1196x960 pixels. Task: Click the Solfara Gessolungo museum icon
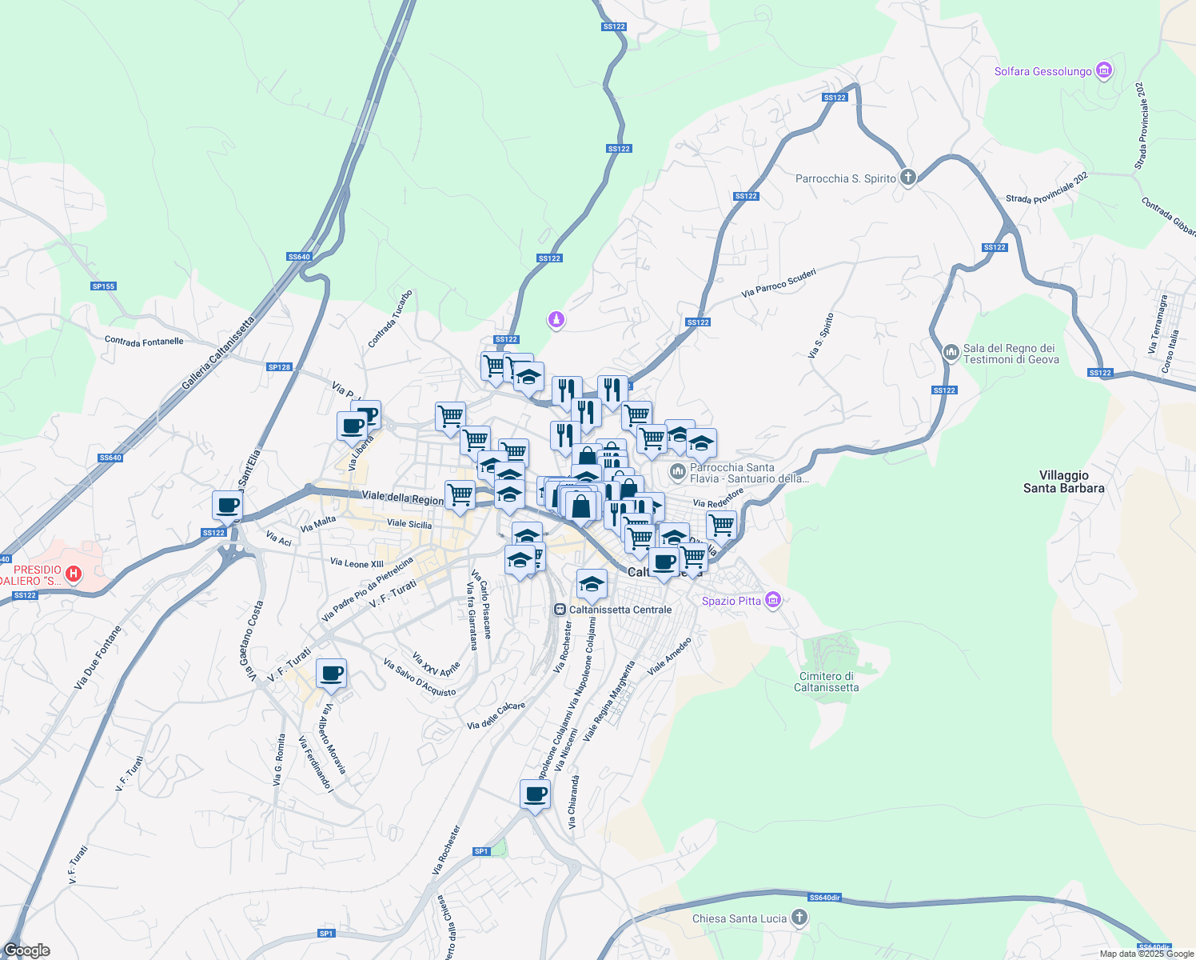click(1105, 71)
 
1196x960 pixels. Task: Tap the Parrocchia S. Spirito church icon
click(907, 178)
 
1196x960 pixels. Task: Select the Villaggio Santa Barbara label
click(1063, 482)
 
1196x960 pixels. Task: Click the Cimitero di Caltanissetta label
click(827, 682)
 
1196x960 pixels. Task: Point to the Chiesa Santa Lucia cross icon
click(799, 918)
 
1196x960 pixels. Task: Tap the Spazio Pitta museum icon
click(772, 600)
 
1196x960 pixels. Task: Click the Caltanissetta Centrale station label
click(620, 610)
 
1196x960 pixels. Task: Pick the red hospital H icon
click(74, 574)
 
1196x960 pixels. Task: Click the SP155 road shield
click(103, 286)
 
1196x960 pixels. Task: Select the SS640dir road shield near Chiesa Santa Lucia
click(824, 898)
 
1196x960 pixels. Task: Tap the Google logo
click(26, 950)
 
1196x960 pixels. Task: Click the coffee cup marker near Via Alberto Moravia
click(331, 674)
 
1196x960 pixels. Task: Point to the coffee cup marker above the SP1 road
click(535, 794)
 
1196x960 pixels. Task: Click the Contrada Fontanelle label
click(144, 341)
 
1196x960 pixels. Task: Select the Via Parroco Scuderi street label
click(778, 283)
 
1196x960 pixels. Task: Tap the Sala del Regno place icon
click(951, 352)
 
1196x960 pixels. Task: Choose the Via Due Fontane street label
click(98, 658)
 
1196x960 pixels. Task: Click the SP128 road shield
click(279, 367)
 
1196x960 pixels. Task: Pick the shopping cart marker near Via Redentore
click(721, 526)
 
